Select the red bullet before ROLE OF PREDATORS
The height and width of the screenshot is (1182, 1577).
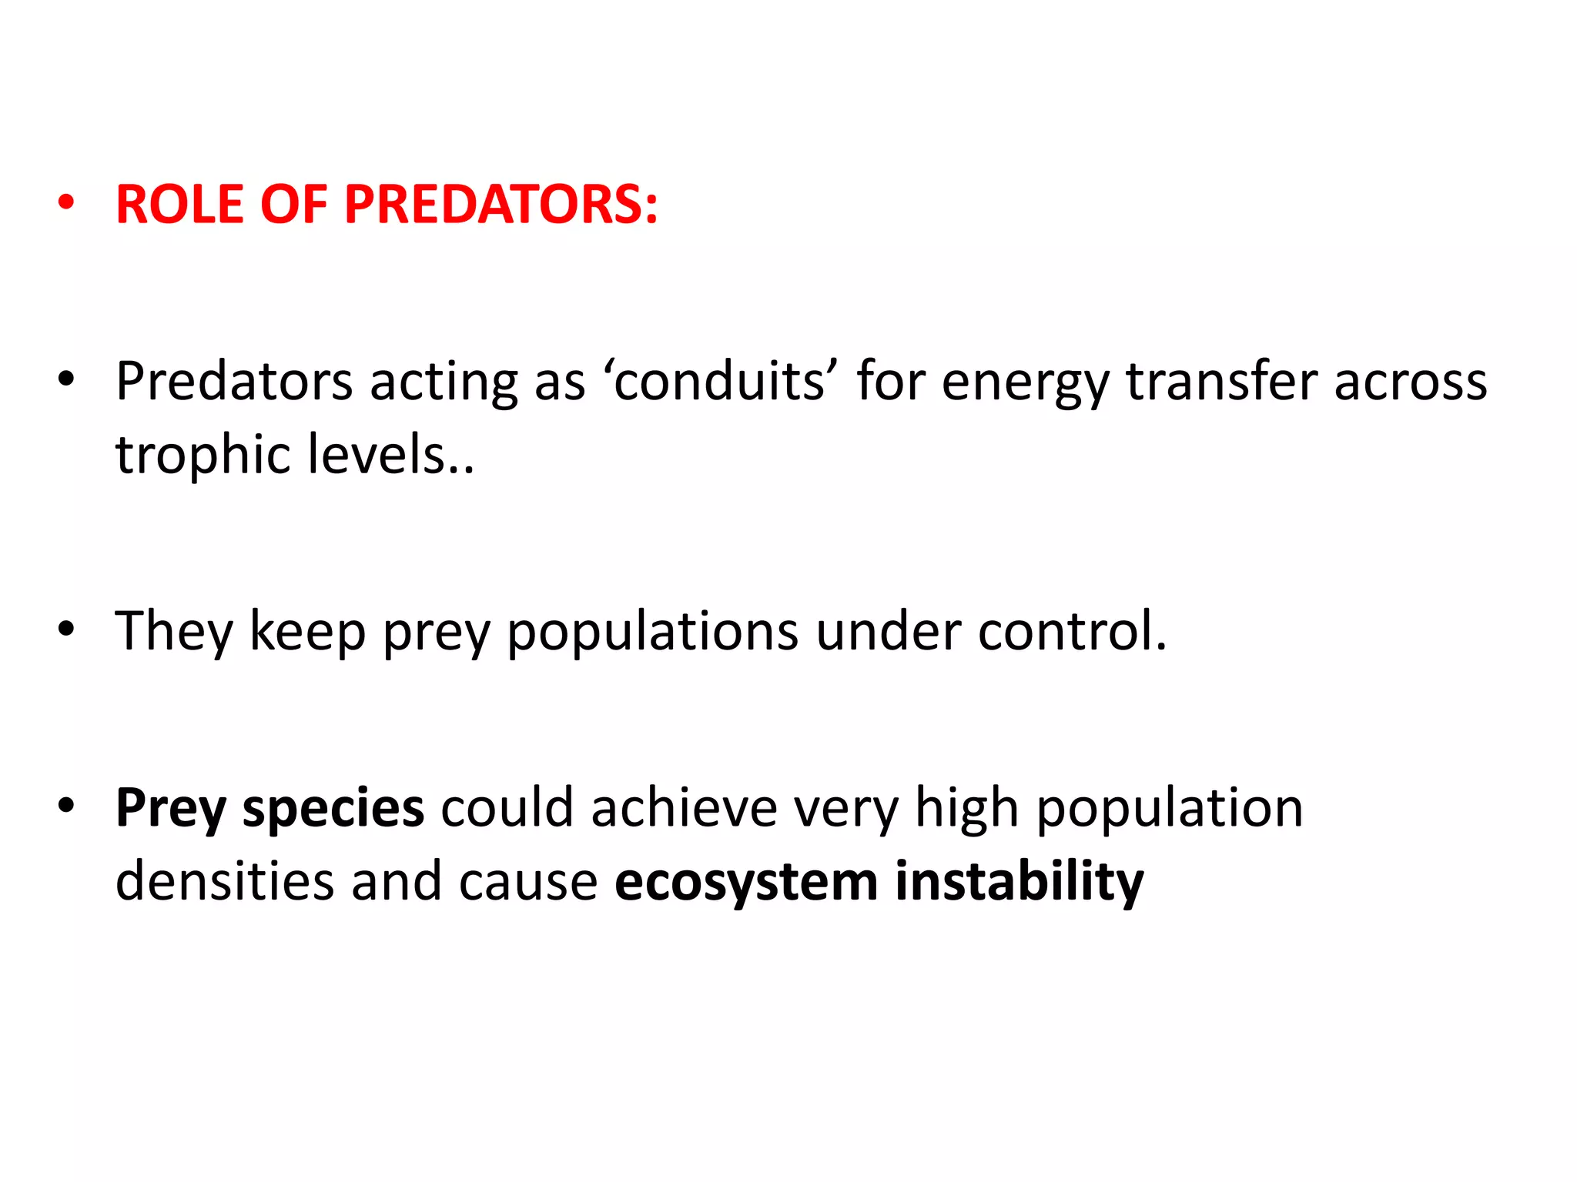66,203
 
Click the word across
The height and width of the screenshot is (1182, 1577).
1410,382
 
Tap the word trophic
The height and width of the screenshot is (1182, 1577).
203,456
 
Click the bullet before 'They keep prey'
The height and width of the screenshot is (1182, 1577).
66,629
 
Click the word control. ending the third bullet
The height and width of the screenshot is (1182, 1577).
1072,631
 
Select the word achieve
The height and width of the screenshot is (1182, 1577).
684,808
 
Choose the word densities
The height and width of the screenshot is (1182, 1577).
224,881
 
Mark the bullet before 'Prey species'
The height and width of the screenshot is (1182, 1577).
66,806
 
